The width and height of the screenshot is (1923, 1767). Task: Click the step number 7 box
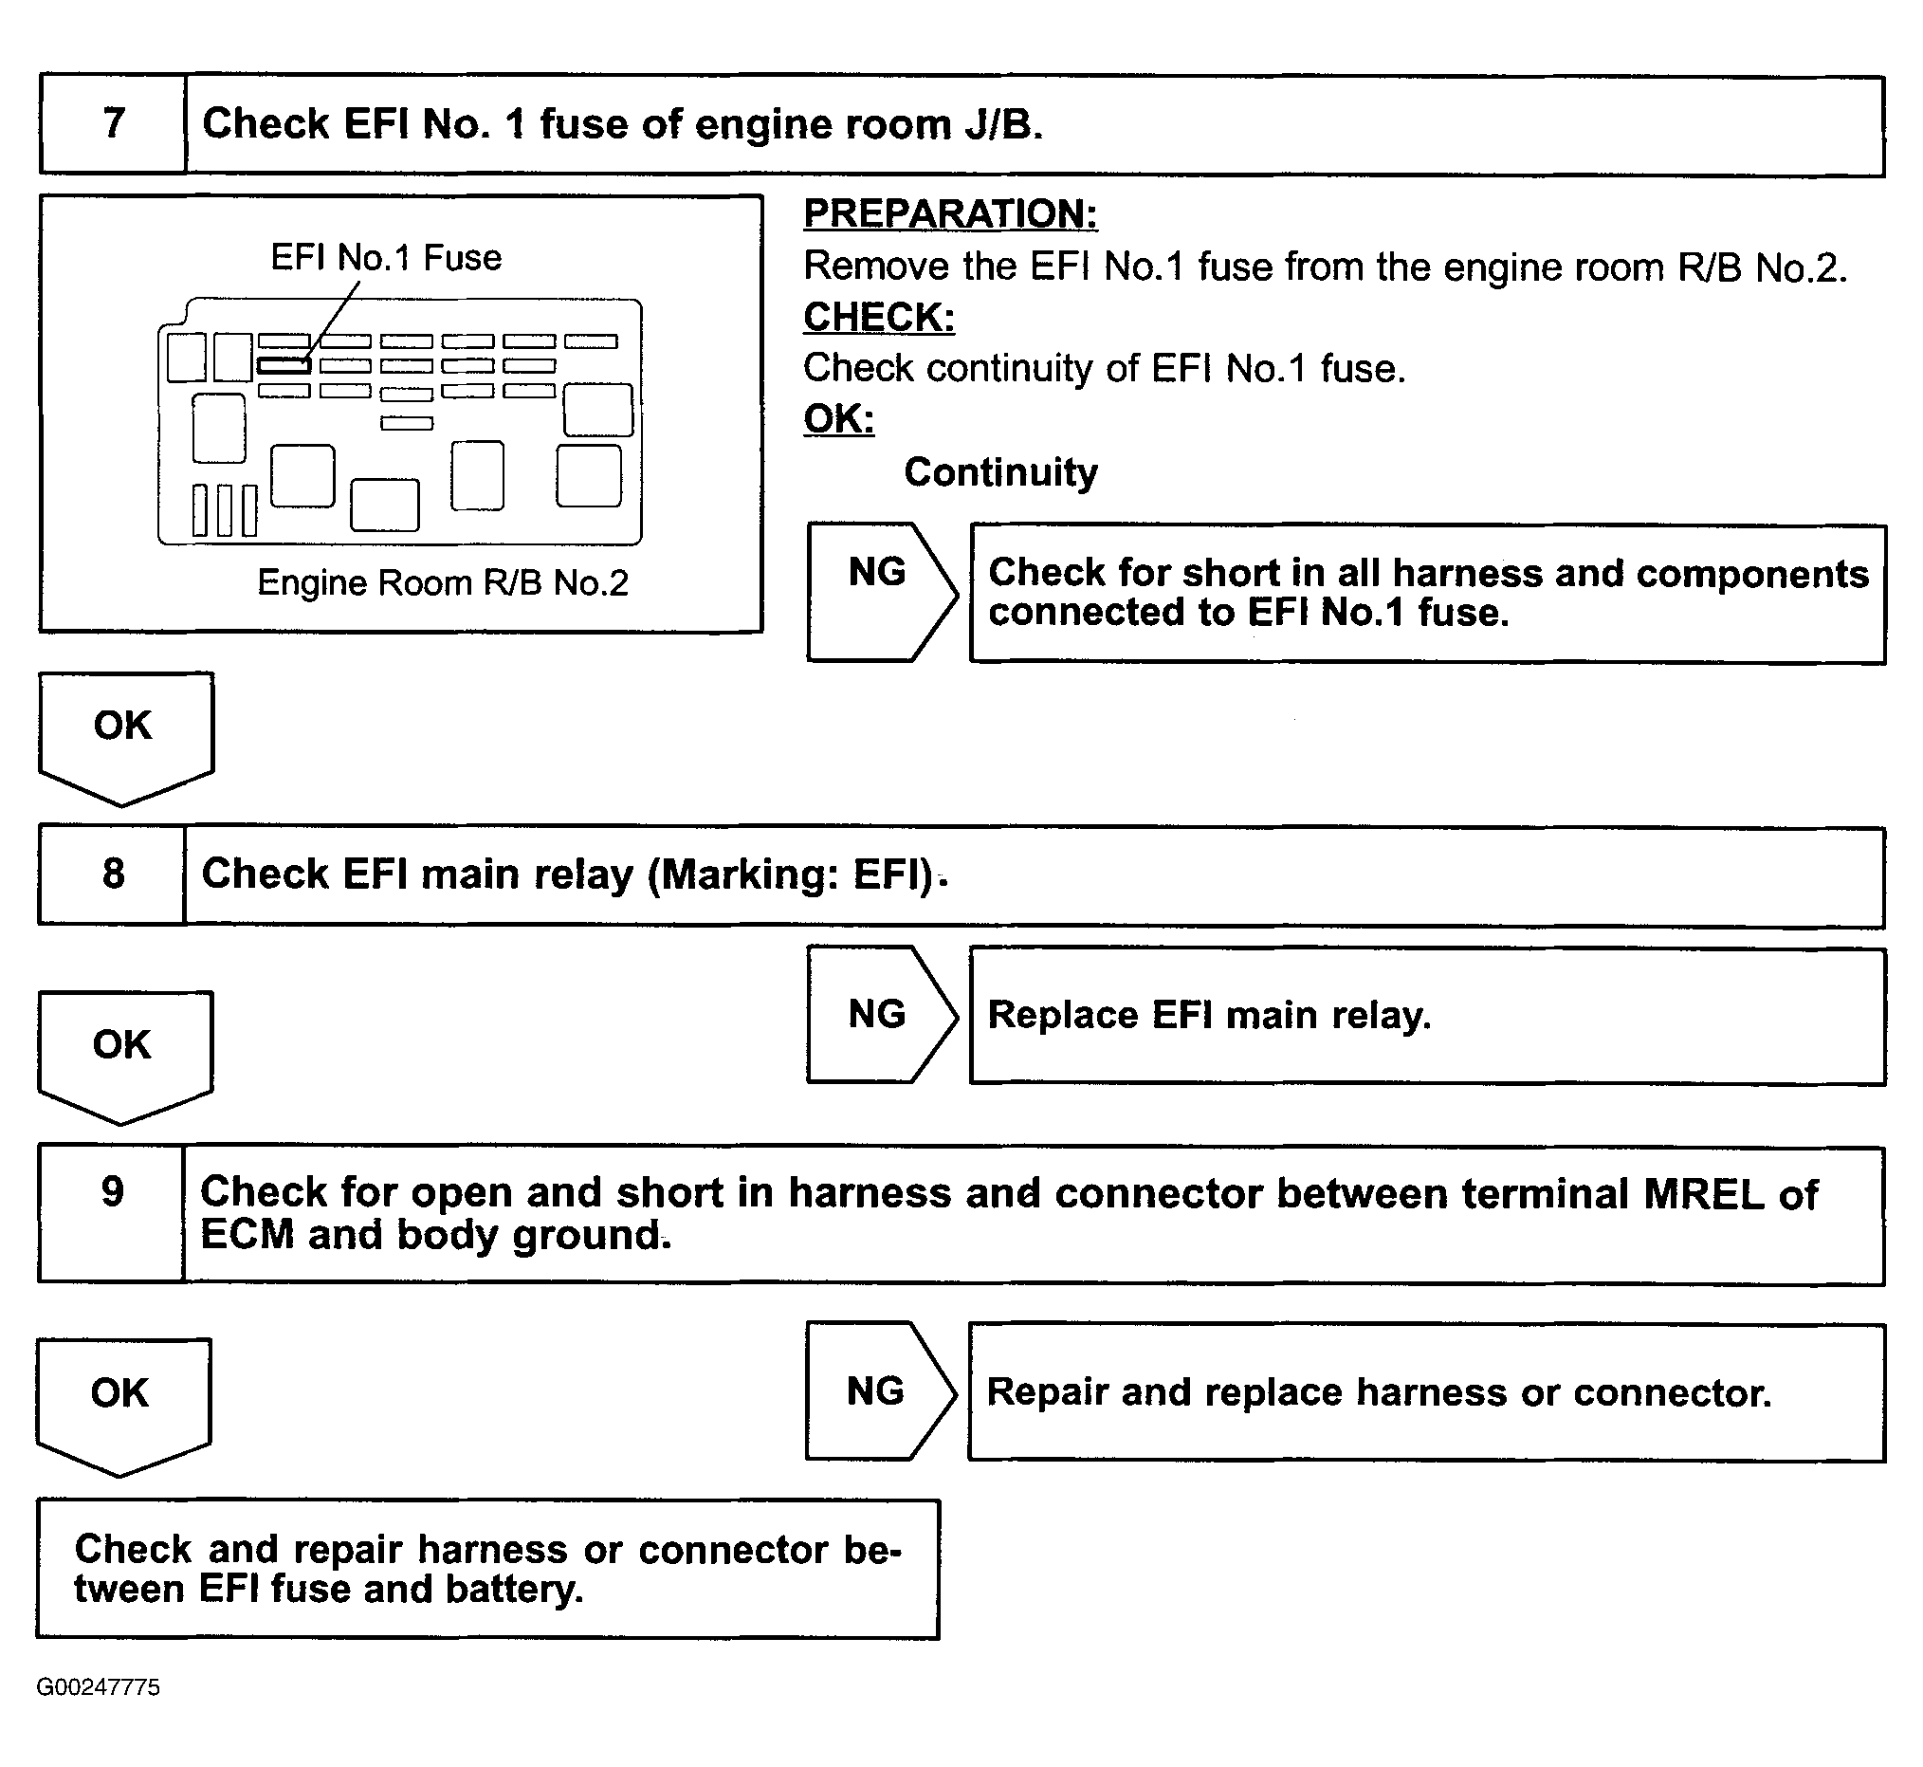tap(113, 124)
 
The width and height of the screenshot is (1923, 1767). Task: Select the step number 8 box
tap(113, 874)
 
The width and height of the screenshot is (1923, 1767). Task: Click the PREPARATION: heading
tap(950, 213)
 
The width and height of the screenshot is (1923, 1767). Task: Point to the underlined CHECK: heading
tap(878, 318)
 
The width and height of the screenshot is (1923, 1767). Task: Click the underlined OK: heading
tap(838, 419)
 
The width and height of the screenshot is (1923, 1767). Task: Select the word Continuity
tap(1000, 472)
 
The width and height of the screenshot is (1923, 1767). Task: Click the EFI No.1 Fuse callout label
tap(386, 258)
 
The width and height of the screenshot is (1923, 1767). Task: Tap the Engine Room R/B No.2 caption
tap(443, 583)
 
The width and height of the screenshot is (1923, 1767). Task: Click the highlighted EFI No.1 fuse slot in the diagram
tap(283, 365)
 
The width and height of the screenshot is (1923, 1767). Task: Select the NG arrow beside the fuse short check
tap(879, 591)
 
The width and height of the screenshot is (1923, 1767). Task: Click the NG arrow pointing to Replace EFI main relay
tap(879, 1015)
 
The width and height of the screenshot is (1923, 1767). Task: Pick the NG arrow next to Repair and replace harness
tap(877, 1391)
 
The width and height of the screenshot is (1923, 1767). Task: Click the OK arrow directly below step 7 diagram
tap(124, 734)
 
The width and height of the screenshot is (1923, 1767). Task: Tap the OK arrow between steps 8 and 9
tap(123, 1052)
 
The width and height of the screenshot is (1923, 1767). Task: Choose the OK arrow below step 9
tap(121, 1401)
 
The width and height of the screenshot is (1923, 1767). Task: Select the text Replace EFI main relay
tap(1209, 1016)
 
